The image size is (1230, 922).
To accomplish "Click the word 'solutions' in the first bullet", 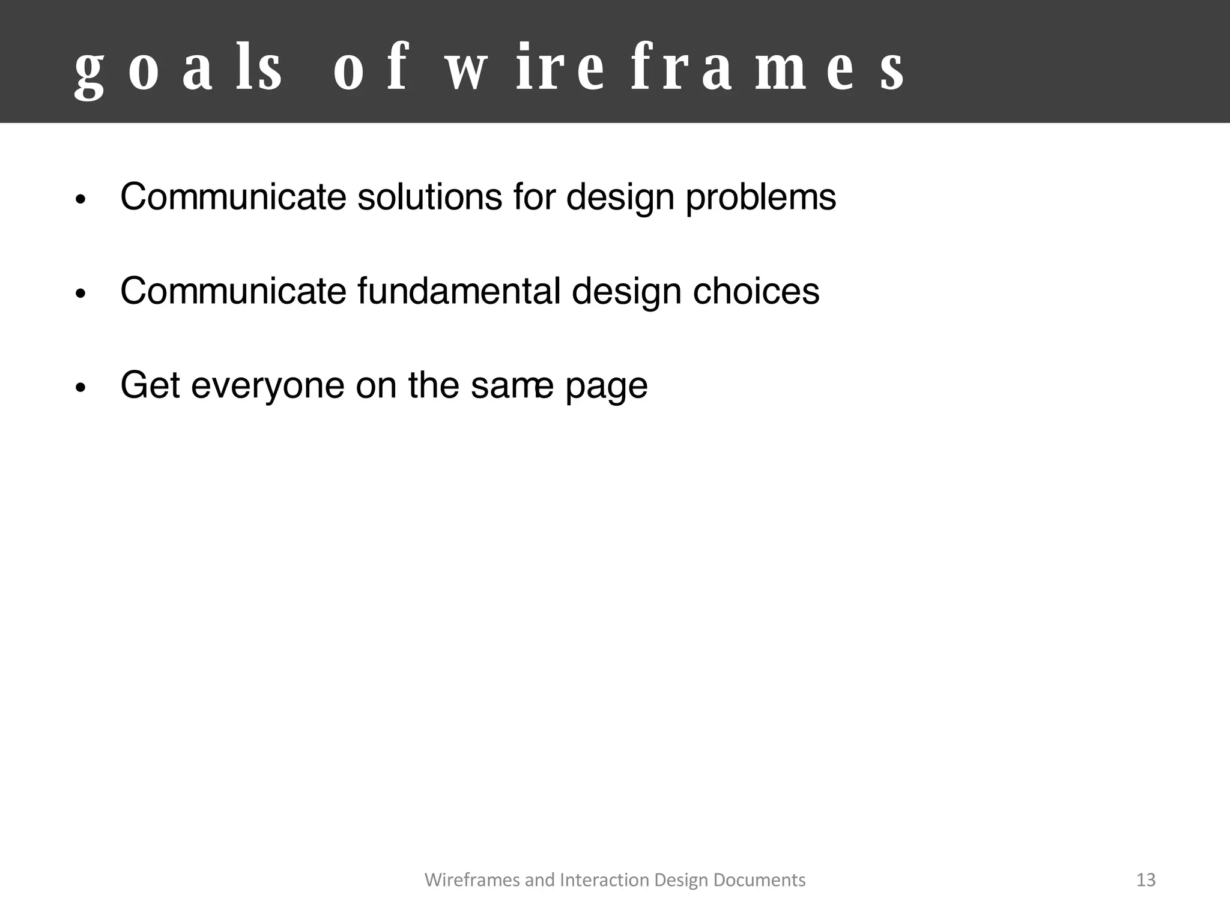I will point(429,197).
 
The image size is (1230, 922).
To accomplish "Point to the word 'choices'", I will point(756,291).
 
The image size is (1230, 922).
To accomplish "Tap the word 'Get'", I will point(150,385).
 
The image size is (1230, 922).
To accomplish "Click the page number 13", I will point(1146,880).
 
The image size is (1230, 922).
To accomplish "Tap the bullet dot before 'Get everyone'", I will point(81,388).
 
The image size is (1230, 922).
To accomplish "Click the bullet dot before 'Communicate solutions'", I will point(81,200).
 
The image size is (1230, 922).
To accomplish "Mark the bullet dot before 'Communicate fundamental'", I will point(81,294).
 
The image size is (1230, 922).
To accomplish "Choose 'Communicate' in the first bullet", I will point(233,197).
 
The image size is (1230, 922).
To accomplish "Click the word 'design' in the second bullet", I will point(625,292).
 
